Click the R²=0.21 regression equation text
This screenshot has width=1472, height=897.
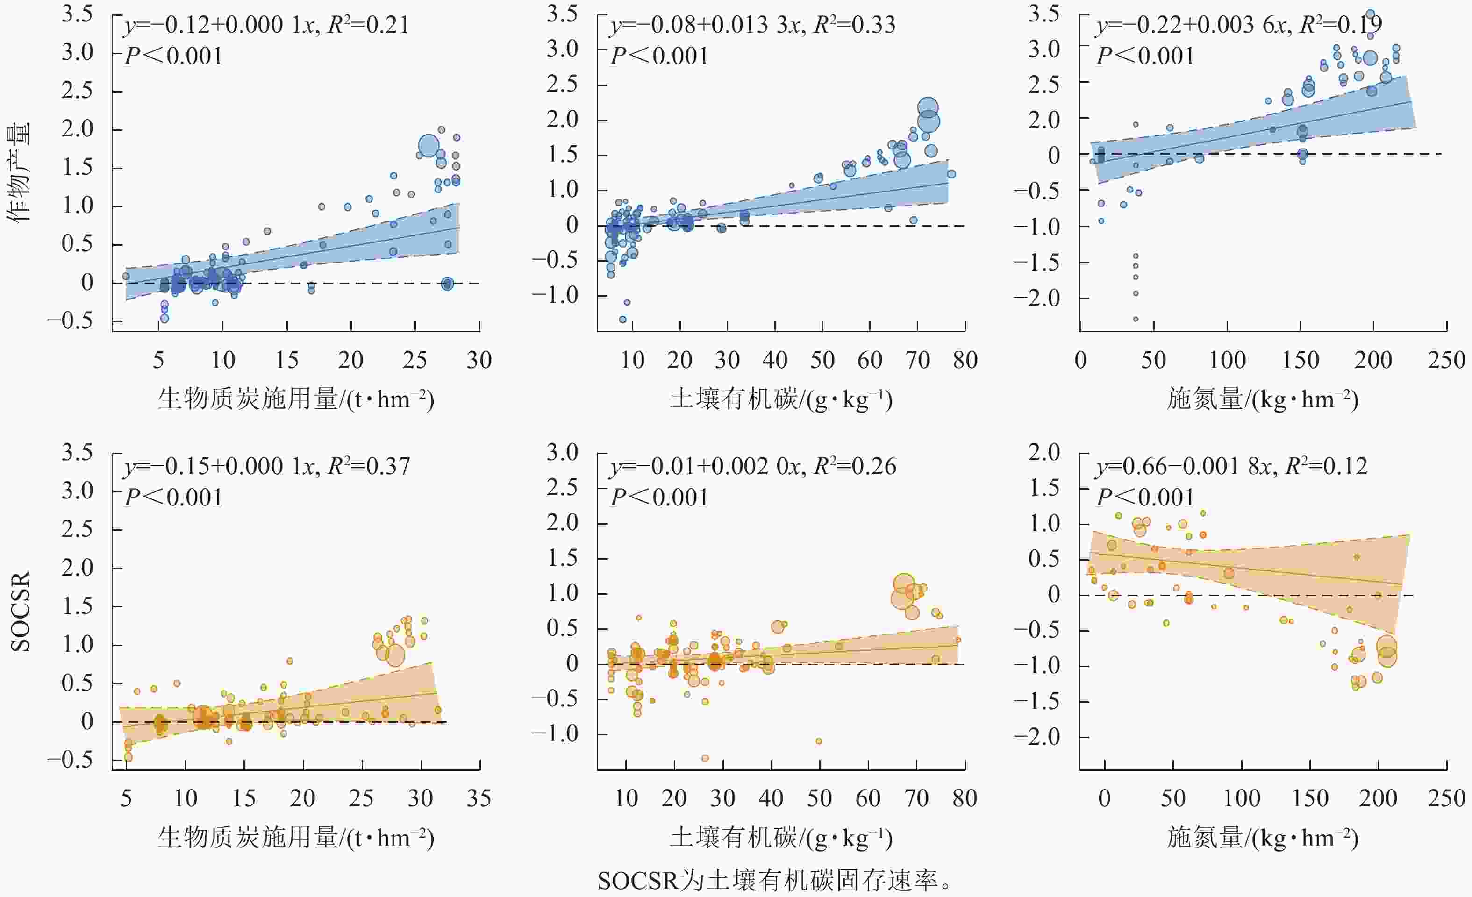coord(266,25)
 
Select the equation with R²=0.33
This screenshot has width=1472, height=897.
coord(752,25)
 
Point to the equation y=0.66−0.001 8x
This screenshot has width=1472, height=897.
coord(1231,466)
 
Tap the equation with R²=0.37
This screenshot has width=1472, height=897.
coord(267,466)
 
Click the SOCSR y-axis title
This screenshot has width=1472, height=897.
coord(20,612)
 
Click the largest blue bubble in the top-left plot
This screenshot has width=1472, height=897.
coord(429,146)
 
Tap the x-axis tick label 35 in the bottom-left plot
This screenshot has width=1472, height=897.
coord(479,798)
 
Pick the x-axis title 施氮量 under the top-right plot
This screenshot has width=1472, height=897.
coord(1262,399)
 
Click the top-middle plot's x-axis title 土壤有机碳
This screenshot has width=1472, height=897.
coord(781,399)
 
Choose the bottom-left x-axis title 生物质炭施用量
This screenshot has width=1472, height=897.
coord(296,838)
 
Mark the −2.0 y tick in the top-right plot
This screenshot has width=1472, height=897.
coord(1036,298)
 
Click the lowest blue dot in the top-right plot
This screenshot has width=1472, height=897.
coord(1136,320)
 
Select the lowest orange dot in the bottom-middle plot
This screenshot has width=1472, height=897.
coord(705,758)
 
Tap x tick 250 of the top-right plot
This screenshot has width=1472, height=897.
coord(1446,360)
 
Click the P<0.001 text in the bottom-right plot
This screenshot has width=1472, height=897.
coord(1145,498)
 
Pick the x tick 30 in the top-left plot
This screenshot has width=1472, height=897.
coord(479,360)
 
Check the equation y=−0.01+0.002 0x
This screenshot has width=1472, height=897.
coord(753,466)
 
